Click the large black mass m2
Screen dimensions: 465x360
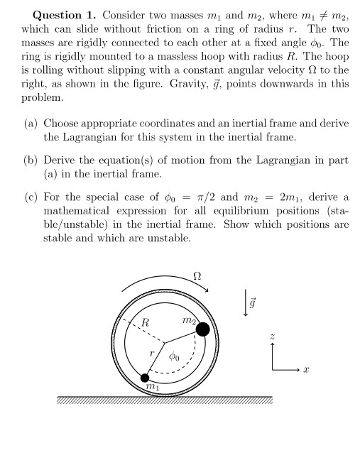point(202,329)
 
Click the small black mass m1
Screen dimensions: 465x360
point(146,377)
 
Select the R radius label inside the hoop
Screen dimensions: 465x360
point(145,323)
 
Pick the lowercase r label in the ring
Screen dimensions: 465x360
point(151,353)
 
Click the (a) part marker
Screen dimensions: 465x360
point(31,123)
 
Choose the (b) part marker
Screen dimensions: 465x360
point(31,160)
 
